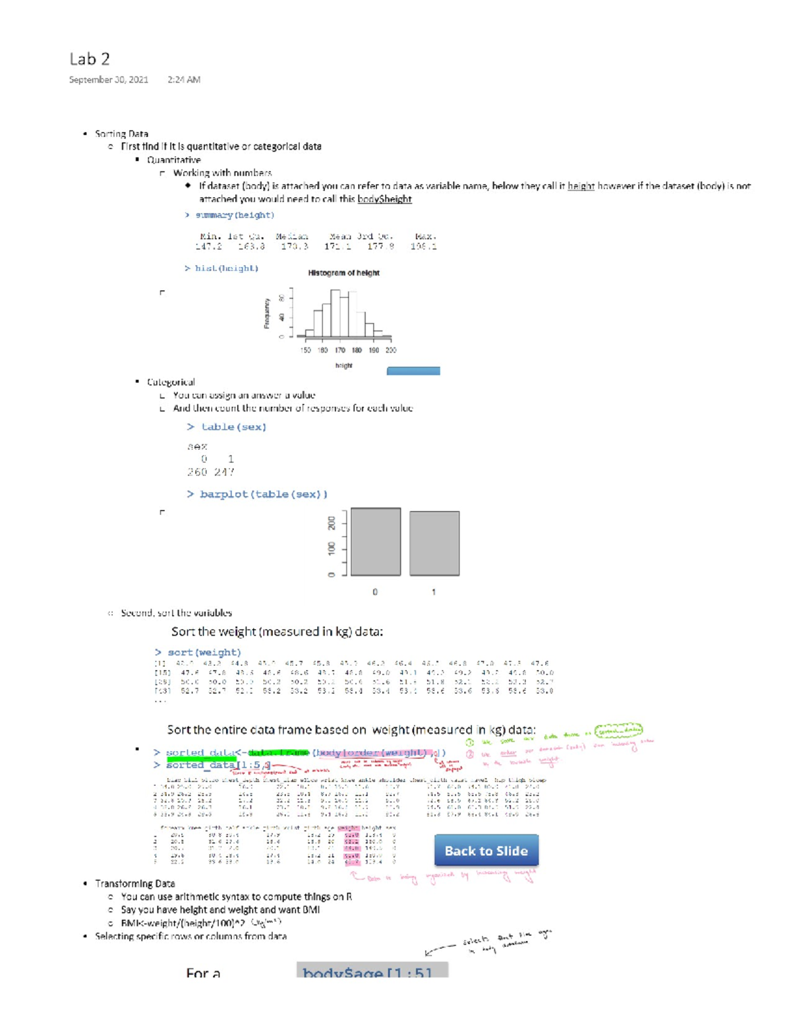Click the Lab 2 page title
[89, 59]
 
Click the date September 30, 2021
[109, 80]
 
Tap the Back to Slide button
[486, 851]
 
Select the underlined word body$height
[384, 199]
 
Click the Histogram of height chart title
[343, 273]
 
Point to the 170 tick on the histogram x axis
[339, 350]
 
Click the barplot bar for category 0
[375, 542]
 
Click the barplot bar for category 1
[434, 543]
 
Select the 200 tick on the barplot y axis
[332, 523]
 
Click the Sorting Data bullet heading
[121, 134]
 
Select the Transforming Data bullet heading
[134, 884]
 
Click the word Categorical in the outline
[171, 382]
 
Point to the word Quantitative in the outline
[173, 160]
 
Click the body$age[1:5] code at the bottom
[367, 973]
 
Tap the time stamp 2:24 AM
[184, 80]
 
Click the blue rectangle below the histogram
[413, 371]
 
